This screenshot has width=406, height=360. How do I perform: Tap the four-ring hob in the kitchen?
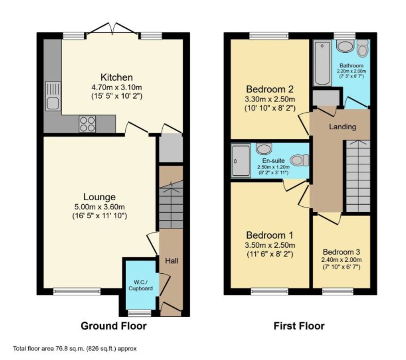[87, 124]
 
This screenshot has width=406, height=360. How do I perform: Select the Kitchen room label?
[116, 77]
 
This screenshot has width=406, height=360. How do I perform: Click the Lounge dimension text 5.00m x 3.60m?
[99, 207]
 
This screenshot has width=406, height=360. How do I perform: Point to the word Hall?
[172, 261]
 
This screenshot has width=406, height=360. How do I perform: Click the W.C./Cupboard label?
[140, 286]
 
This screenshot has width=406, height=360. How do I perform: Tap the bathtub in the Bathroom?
[322, 63]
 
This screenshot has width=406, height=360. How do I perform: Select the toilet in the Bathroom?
[362, 48]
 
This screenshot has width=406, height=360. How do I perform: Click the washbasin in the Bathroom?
[345, 46]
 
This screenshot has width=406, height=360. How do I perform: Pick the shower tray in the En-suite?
[241, 161]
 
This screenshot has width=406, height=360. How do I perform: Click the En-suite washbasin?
[264, 149]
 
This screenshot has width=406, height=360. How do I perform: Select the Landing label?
[342, 127]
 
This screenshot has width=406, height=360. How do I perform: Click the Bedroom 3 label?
[341, 252]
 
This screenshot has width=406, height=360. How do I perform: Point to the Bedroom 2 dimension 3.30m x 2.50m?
[270, 99]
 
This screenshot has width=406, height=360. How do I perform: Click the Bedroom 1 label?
[270, 235]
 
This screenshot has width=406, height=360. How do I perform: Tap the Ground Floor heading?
[114, 326]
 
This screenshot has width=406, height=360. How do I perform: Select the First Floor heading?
[299, 326]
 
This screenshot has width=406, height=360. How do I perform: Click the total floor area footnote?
[75, 348]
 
